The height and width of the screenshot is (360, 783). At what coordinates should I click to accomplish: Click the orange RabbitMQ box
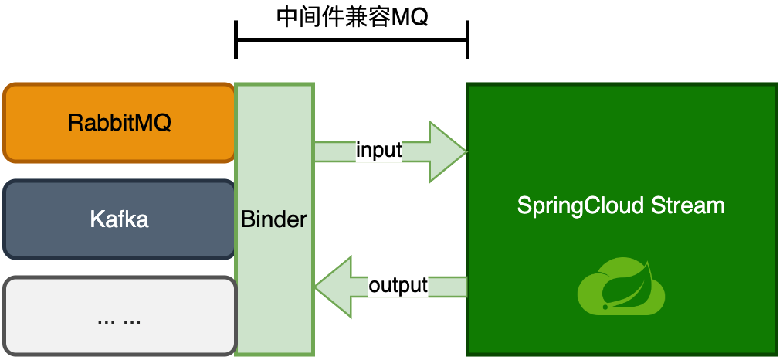119,123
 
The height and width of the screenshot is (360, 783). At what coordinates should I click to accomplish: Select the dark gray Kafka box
119,219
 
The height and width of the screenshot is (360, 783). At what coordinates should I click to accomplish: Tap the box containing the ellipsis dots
119,316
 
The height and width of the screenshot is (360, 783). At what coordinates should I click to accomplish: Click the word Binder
273,219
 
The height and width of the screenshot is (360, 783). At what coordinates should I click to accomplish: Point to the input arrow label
379,150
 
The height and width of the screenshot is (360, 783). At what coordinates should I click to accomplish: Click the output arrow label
398,286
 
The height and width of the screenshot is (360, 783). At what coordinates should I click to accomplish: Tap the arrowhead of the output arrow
334,287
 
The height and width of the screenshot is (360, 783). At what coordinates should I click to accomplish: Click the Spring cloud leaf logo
621,287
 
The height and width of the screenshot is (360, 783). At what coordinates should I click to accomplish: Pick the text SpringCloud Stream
621,205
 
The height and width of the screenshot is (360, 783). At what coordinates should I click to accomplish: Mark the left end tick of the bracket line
236,40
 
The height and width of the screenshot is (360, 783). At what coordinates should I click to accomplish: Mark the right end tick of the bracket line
467,40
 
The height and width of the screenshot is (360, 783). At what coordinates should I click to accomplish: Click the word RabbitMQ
120,123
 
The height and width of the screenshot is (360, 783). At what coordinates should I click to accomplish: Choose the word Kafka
120,219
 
